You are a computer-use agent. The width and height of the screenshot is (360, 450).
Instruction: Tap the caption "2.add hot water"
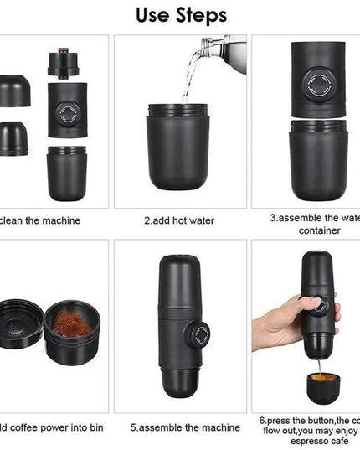click(x=180, y=220)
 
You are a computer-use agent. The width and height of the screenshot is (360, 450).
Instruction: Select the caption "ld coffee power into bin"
click(x=50, y=427)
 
